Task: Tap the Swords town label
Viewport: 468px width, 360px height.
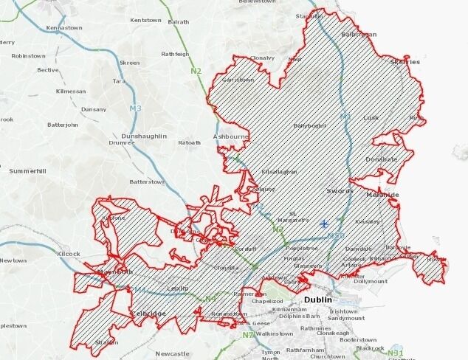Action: click(x=340, y=190)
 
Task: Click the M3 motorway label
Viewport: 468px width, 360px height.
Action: click(x=135, y=108)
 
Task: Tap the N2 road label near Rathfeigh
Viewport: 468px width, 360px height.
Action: click(x=195, y=71)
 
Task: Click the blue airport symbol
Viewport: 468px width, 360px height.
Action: click(x=324, y=224)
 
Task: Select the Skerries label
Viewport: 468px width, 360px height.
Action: click(x=405, y=62)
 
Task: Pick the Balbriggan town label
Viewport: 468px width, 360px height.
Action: click(x=359, y=35)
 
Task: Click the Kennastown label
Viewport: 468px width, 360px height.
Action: click(x=63, y=28)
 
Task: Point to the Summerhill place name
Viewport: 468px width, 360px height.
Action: click(x=27, y=171)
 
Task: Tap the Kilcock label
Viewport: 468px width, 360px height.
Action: click(x=68, y=254)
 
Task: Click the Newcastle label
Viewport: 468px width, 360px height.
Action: click(x=173, y=353)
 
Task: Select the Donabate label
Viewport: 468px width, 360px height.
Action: click(x=381, y=159)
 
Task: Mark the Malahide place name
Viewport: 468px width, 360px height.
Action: click(x=382, y=195)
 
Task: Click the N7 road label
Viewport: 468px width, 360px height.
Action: click(x=249, y=336)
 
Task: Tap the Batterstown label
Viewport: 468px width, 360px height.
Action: click(x=147, y=181)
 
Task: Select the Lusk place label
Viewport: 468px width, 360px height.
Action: click(x=371, y=117)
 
